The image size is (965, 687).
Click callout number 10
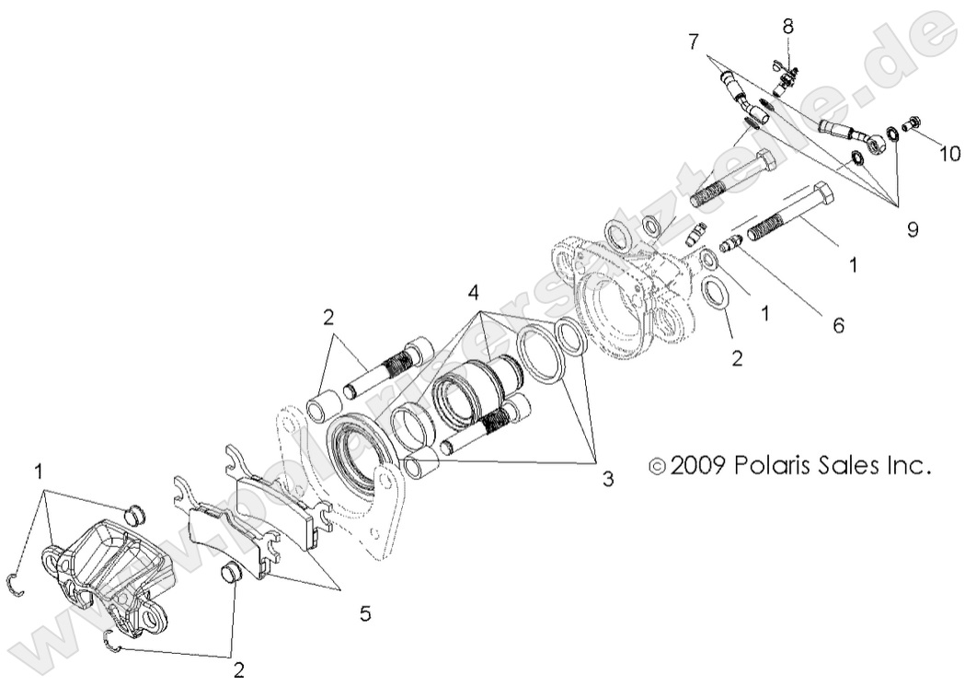click(948, 154)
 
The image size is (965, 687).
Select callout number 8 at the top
click(788, 26)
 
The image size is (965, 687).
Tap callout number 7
click(694, 41)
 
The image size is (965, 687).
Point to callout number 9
click(912, 229)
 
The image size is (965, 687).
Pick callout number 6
click(837, 324)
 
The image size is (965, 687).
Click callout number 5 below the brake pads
click(365, 612)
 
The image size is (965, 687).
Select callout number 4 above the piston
click(472, 296)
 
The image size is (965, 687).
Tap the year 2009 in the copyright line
click(700, 465)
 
